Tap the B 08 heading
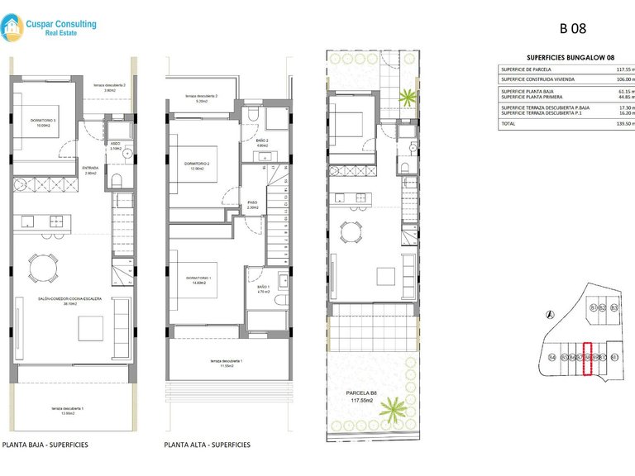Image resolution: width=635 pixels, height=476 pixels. [573, 28]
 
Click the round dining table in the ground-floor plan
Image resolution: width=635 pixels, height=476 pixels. [42, 266]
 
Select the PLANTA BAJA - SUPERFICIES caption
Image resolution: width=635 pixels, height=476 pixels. [45, 445]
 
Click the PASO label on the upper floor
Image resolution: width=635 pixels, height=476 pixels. [254, 203]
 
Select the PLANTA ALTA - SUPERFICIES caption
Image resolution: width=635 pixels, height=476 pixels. [207, 445]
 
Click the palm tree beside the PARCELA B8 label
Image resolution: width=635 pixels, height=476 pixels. [396, 410]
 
